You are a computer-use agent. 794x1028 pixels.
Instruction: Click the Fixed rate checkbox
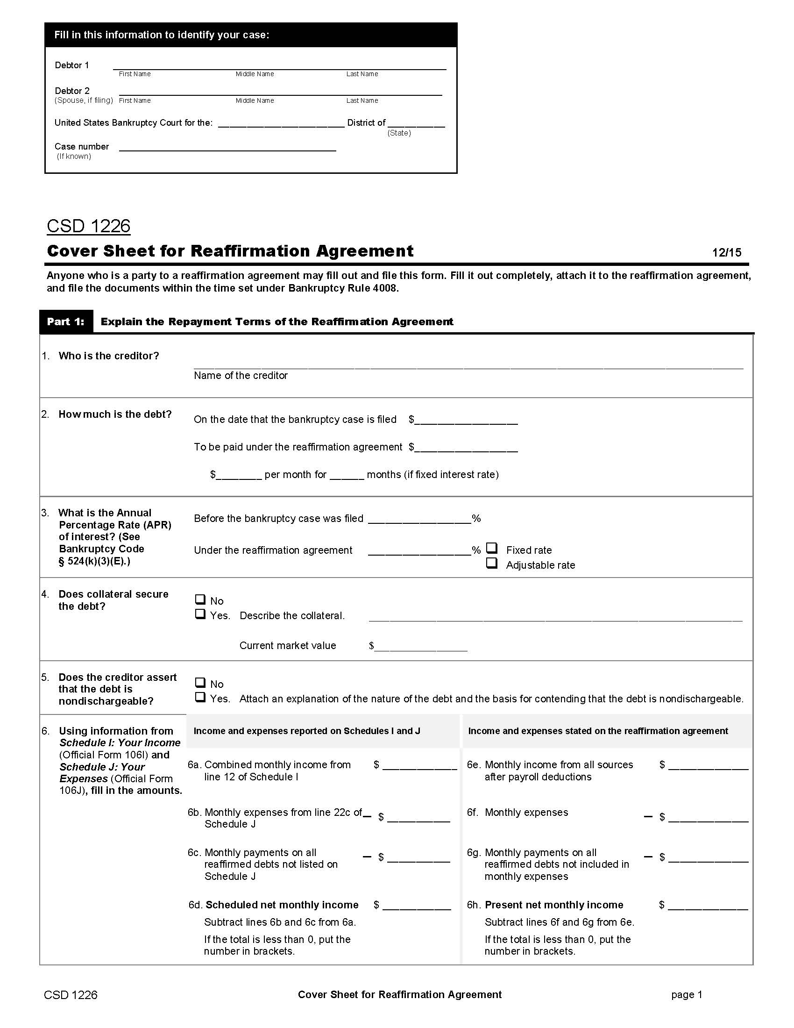coord(491,548)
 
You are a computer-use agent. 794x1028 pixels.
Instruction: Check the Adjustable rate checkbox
coord(491,563)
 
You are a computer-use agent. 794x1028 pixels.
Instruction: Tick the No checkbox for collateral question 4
coord(200,599)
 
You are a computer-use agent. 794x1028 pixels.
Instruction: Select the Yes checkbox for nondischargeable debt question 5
coord(200,697)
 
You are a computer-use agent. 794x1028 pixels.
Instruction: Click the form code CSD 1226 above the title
coord(88,226)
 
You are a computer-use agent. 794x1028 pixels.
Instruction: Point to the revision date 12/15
coord(726,253)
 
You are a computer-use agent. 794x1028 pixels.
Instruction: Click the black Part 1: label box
coord(66,321)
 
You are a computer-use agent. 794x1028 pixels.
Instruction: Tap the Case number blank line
coord(227,147)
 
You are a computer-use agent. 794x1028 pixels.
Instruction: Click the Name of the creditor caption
coord(241,375)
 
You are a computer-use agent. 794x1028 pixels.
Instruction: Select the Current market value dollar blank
coord(420,646)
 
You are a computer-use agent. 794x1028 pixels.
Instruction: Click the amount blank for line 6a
coord(419,765)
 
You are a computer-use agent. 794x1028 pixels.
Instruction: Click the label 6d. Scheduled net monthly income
coord(273,905)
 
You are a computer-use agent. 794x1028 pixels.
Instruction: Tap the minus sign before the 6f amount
coord(648,816)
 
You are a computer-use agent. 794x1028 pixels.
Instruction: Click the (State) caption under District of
coord(399,133)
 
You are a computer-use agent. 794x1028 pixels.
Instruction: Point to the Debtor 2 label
coord(72,91)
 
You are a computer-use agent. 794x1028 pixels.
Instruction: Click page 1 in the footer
coord(686,994)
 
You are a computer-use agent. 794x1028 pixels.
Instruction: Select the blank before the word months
coord(347,475)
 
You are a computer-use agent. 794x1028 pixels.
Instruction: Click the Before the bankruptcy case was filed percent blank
coord(419,519)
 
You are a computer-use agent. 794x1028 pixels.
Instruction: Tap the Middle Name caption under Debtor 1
coord(255,74)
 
